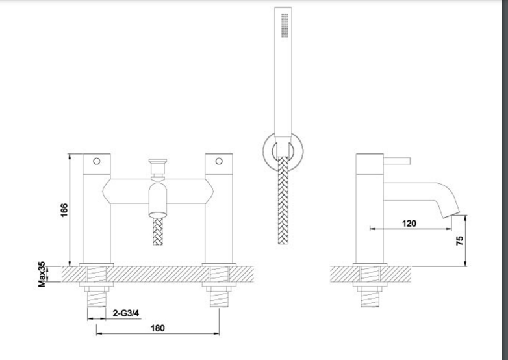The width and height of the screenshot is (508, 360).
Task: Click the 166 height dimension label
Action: click(64, 211)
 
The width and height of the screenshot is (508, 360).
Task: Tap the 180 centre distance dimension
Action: click(158, 328)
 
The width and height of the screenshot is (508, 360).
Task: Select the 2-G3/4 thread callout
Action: click(126, 313)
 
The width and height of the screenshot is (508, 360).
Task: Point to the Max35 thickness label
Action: click(42, 274)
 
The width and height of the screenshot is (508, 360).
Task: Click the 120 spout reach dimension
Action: click(409, 224)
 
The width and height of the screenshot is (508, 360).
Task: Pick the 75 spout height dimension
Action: click(460, 240)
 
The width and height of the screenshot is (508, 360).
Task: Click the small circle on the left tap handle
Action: click(97, 161)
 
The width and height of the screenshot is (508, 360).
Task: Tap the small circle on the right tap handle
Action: click(219, 161)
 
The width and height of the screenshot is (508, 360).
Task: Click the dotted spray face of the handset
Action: click(285, 25)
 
